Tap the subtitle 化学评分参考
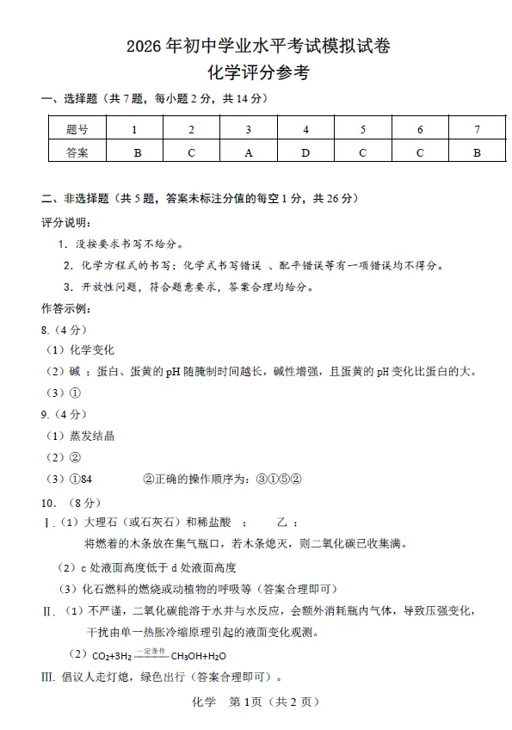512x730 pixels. [258, 73]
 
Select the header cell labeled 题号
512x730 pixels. [77, 129]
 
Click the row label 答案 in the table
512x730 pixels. [77, 152]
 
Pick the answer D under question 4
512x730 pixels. [305, 152]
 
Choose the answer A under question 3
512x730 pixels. [249, 152]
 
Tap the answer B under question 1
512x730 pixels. [134, 152]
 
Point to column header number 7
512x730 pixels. [477, 129]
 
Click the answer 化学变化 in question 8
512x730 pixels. [92, 350]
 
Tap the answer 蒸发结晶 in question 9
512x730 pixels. [92, 436]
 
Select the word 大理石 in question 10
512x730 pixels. [101, 523]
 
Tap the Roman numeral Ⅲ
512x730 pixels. [48, 677]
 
